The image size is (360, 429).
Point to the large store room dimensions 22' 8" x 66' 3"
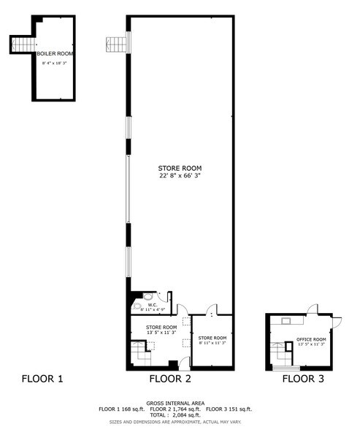179,176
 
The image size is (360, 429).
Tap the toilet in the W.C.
148,298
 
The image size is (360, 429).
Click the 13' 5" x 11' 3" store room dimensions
161,333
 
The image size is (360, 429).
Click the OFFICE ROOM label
310,339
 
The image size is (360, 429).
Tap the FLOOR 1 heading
42,379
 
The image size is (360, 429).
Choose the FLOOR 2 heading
170,379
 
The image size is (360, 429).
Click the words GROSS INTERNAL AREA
175,403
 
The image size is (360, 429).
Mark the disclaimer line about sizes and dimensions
175,422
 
